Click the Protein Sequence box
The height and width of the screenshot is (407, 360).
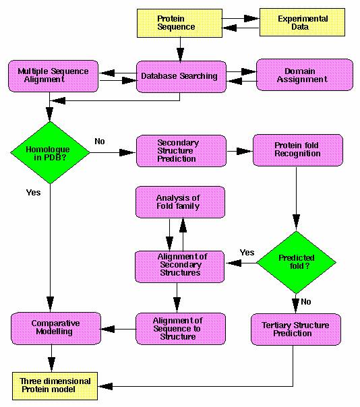click(179, 23)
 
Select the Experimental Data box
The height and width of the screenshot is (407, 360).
click(302, 22)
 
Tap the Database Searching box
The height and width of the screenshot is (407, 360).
click(181, 77)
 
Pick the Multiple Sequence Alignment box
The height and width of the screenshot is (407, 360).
click(53, 76)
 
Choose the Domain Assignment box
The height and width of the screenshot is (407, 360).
click(305, 75)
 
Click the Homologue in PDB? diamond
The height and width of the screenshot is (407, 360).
click(50, 152)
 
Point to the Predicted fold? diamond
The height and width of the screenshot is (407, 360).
click(297, 262)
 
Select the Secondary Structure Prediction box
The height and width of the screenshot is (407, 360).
click(181, 151)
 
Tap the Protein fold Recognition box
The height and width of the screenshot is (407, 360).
click(298, 150)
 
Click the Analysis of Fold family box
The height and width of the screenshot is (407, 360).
click(180, 202)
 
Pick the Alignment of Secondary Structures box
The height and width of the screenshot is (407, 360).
click(180, 267)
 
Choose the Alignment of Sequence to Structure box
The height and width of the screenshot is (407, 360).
click(181, 329)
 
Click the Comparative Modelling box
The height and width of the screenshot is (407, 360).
click(56, 328)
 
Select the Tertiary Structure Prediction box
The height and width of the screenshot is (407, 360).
click(296, 330)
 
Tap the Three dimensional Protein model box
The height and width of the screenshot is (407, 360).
click(55, 386)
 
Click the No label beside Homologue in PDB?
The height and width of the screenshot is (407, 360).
click(100, 142)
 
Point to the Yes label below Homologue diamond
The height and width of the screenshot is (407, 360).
click(34, 192)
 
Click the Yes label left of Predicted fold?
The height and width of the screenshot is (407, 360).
click(247, 252)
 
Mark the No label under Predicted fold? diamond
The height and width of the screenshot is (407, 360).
click(306, 302)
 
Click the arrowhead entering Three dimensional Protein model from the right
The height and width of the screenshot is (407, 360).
click(105, 386)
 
